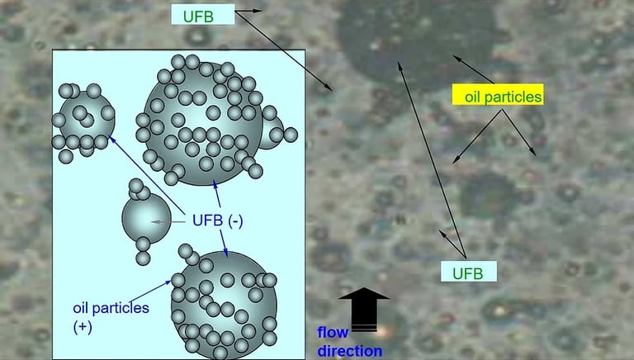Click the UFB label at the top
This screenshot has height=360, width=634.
click(x=203, y=14)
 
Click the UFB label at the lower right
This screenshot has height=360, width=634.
click(x=467, y=272)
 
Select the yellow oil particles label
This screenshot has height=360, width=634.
click(x=498, y=96)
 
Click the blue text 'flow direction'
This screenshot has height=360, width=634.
click(x=349, y=342)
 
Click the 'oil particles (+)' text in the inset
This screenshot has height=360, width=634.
click(x=110, y=316)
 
